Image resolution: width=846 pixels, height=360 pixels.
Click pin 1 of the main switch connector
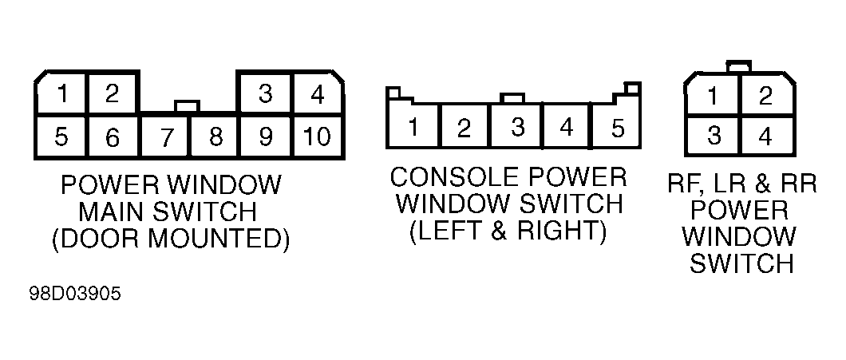coord(62,94)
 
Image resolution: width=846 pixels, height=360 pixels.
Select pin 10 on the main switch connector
coord(318,136)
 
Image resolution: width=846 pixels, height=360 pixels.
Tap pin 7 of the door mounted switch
coord(166,137)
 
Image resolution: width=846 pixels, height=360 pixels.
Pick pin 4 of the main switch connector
coord(318,94)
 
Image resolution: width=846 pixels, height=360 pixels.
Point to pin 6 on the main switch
coord(112,137)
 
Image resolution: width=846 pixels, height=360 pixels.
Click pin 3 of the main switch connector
coord(265,94)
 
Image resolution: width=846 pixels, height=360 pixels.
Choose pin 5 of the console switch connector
coord(617,127)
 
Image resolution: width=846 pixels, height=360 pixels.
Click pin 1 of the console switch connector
coord(413,127)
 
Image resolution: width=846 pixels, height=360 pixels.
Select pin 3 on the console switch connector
coord(517,127)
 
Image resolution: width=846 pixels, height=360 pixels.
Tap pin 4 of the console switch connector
coord(567,127)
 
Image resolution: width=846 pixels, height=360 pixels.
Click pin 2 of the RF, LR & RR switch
coord(765,96)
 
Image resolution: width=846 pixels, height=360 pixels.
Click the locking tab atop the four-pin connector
coord(738,66)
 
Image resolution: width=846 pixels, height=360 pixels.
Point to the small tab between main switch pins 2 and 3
coord(188,106)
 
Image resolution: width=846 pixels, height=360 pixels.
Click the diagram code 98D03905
coord(76,295)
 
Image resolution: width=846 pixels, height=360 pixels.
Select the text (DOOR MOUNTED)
coord(171,239)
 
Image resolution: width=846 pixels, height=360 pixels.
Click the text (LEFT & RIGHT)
coord(508,231)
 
